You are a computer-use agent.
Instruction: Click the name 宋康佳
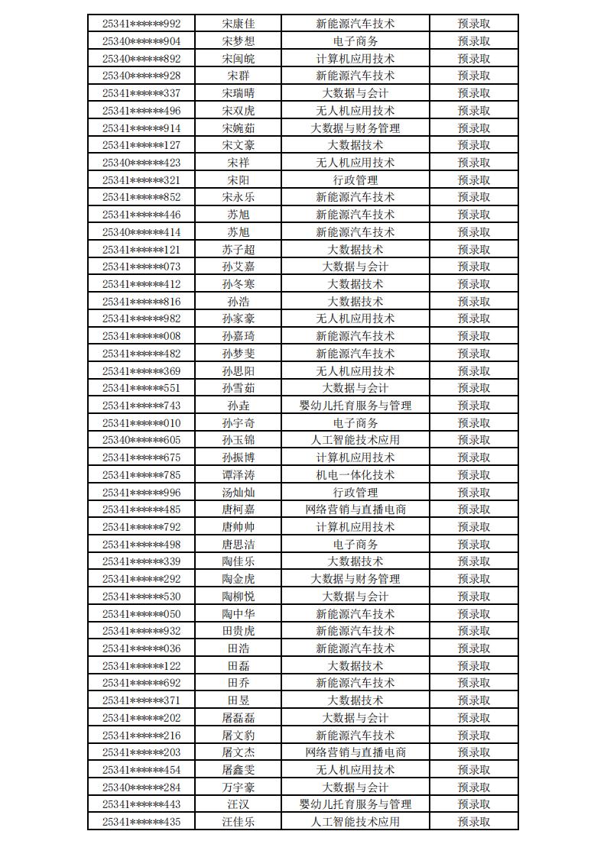[x=238, y=24]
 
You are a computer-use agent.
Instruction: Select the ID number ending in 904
[x=141, y=41]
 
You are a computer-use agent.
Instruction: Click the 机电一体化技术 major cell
[x=355, y=475]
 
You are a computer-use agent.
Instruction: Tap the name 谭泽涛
[x=238, y=475]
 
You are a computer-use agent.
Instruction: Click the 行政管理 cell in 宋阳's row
[x=355, y=180]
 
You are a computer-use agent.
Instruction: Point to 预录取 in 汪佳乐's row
[x=474, y=822]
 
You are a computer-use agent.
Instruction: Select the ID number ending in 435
[x=141, y=822]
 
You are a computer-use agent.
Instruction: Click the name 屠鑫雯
[x=238, y=770]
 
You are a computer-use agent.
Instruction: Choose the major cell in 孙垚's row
[x=355, y=406]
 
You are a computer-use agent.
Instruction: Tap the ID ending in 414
[x=141, y=232]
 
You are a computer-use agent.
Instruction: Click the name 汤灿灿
[x=238, y=493]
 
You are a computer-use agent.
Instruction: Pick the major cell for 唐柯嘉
[x=355, y=509]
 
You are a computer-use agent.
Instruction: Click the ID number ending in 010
[x=141, y=423]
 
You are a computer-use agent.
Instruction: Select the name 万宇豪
[x=238, y=787]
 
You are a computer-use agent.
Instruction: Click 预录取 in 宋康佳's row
[x=474, y=24]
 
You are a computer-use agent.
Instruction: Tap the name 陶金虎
[x=238, y=579]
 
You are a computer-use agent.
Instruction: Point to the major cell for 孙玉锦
[x=355, y=440]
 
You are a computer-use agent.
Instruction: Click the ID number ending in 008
[x=141, y=336]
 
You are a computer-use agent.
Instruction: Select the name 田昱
[x=238, y=700]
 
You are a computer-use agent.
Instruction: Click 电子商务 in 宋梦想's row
[x=355, y=41]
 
